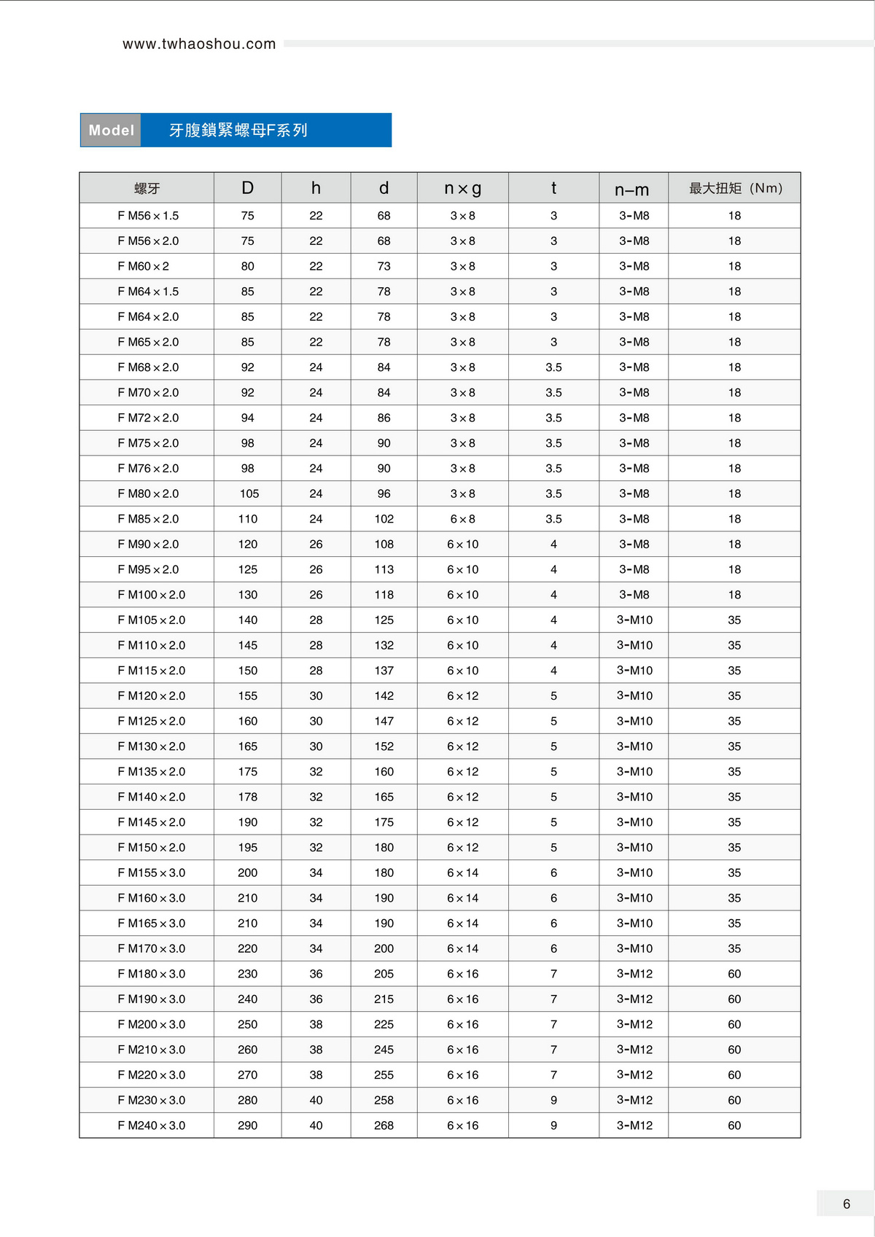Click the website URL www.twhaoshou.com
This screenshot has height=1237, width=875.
pos(199,44)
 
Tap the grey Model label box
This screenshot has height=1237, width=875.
pos(111,130)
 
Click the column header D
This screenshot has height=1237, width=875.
pos(248,188)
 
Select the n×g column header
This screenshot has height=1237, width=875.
pos(462,188)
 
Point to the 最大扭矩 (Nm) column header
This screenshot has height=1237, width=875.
pos(735,188)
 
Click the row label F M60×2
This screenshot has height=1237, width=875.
pos(144,266)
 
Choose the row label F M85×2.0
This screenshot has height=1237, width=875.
pos(148,519)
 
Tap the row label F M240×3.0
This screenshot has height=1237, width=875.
pos(152,1125)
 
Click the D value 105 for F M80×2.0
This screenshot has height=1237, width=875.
pos(249,493)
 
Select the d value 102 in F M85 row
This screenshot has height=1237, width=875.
pos(384,519)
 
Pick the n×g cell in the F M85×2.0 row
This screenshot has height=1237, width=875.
pos(462,519)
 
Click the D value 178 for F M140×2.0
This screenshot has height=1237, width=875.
pos(248,797)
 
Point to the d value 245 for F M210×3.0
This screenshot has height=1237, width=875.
pos(384,1050)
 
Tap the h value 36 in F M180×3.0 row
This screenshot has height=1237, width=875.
pos(316,974)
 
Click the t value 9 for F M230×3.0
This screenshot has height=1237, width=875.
pos(553,1100)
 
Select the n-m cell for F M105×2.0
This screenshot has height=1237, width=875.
pos(634,620)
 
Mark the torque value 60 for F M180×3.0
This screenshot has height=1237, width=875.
pos(734,974)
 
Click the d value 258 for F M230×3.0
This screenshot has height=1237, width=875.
pos(384,1100)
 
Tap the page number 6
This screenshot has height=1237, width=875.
pos(846,1204)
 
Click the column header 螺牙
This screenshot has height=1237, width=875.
pos(147,188)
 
